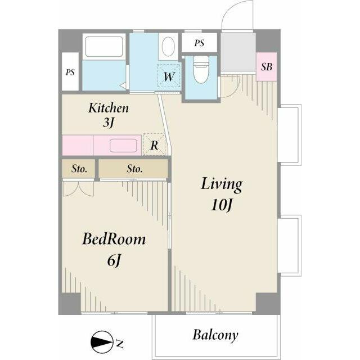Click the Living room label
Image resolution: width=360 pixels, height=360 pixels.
pos(222,184)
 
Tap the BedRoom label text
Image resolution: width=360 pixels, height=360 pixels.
pos(114,240)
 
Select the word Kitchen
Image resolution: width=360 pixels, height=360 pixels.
pos(109,108)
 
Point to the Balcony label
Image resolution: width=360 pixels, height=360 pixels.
pos(215,335)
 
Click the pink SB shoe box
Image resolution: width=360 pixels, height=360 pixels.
pos(266,67)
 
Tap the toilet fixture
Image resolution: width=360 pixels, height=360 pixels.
pos(201,69)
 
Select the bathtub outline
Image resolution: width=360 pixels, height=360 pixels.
pos(104,47)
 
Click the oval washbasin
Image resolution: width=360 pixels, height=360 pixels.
pos(168,46)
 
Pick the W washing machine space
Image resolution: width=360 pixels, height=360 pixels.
pos(169,76)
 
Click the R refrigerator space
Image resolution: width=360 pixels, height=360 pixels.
pos(154,145)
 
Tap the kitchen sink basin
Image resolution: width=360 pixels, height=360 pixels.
pos(123,146)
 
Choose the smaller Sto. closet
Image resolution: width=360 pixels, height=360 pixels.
pos(79,169)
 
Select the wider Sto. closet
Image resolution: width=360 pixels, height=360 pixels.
pos(133,169)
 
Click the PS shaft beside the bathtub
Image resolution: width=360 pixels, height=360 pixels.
pos(70,72)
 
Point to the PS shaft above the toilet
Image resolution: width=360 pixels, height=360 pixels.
pos(199,43)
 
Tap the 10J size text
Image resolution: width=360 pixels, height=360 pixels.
pos(222,205)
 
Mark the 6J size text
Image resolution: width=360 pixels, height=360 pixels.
pos(114,261)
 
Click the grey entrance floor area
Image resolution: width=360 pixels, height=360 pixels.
pos(238,52)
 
